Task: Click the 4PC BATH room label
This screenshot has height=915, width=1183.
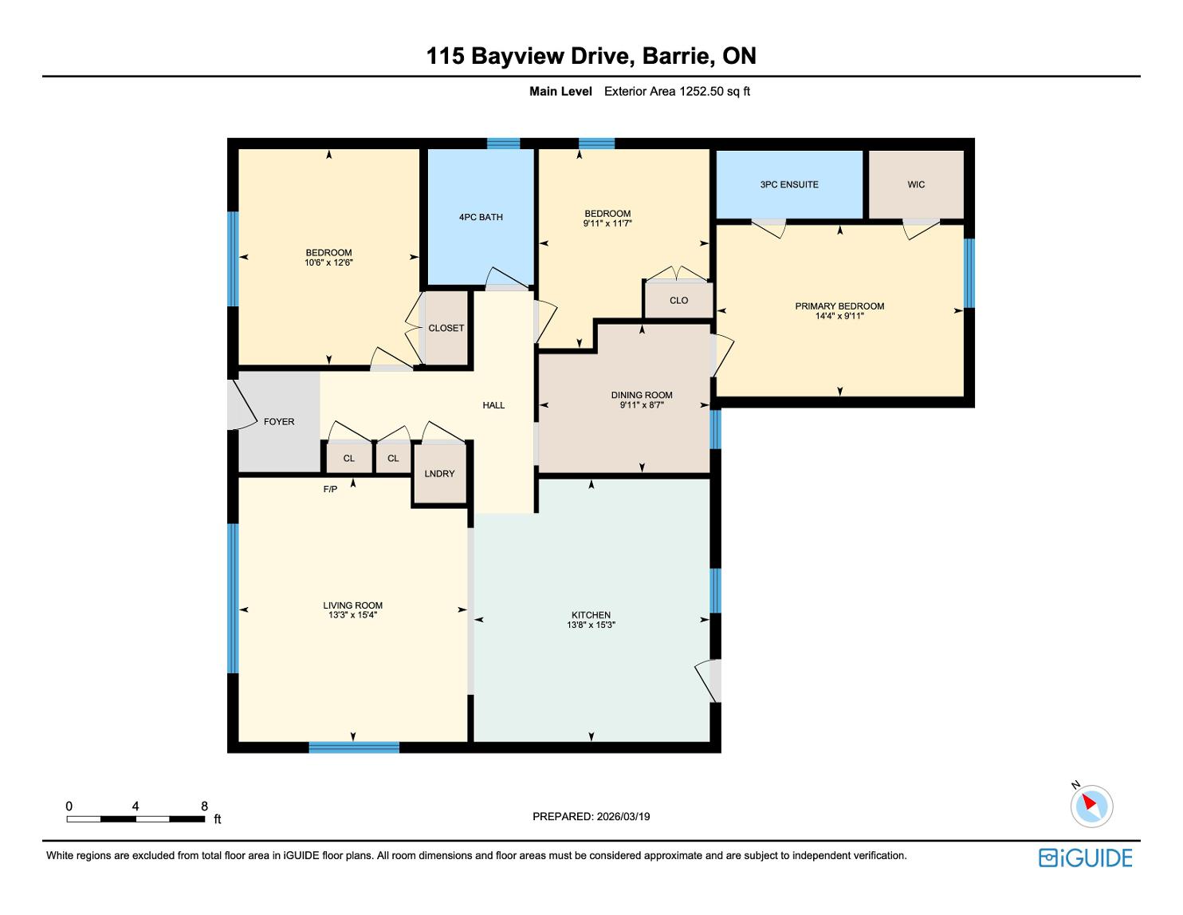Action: pos(481,217)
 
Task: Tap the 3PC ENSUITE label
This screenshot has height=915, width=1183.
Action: pos(789,184)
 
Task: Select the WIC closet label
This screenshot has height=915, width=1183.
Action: pos(916,184)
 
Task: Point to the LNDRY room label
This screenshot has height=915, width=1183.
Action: pos(439,474)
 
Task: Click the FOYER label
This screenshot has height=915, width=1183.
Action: pos(279,421)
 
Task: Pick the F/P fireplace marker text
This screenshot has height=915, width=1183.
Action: pos(330,489)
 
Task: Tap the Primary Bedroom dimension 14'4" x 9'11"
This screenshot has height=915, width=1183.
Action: pos(839,316)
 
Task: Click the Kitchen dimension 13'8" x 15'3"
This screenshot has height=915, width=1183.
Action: pos(591,625)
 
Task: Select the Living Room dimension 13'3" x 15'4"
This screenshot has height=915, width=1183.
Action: pos(352,615)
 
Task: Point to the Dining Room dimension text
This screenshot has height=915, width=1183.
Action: pos(641,404)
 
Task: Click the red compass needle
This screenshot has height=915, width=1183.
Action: pos(1089,802)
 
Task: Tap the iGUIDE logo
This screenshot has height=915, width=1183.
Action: pos(1086,858)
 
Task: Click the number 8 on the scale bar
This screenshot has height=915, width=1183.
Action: pos(204,806)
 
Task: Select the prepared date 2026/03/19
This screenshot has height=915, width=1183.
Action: pos(623,816)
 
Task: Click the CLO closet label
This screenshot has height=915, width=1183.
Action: pos(678,301)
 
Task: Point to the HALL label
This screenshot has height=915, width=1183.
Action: pos(493,405)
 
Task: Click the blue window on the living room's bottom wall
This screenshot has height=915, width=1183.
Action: pos(354,747)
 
